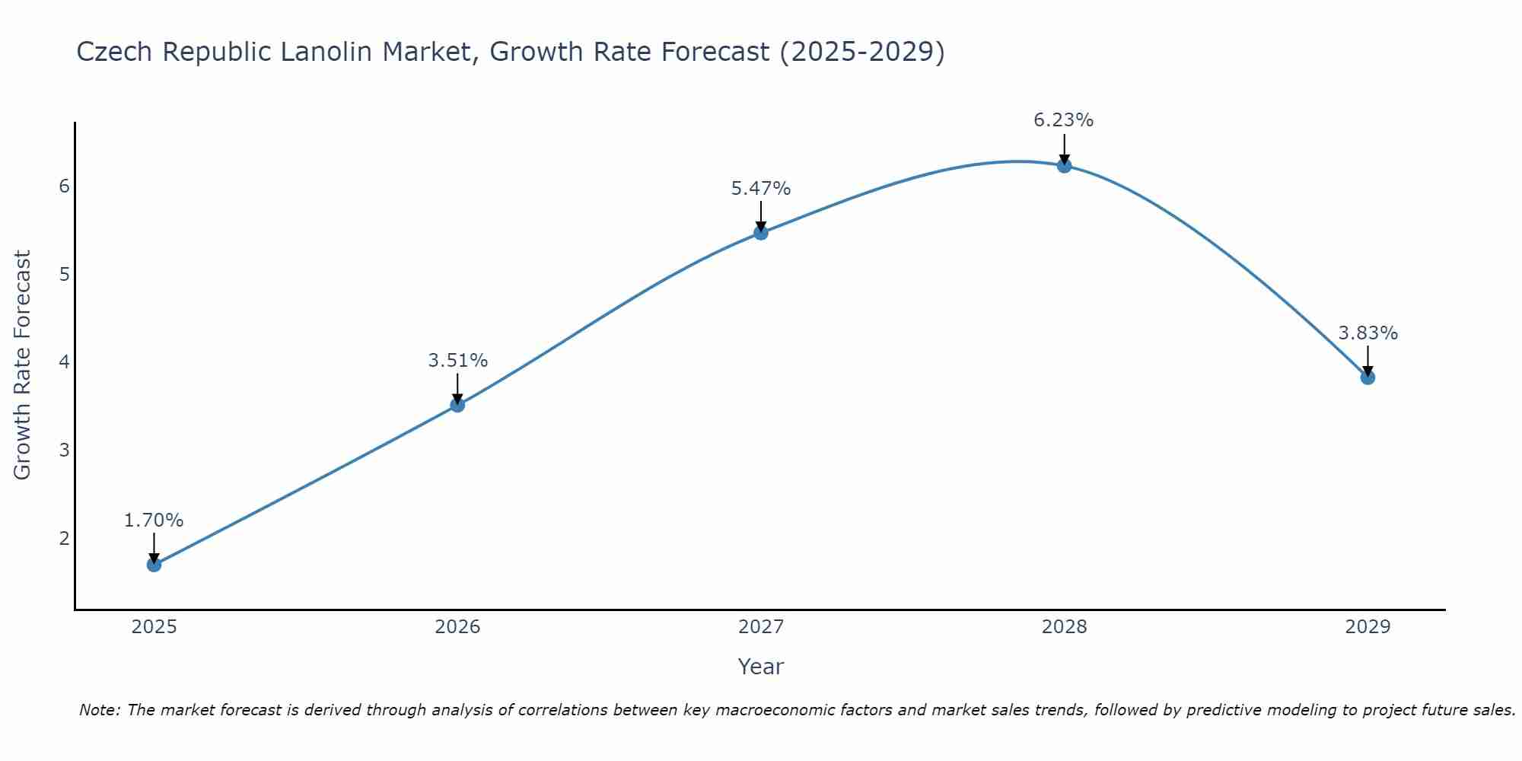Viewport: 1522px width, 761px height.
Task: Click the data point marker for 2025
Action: click(154, 565)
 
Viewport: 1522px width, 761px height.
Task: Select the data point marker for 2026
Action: click(457, 405)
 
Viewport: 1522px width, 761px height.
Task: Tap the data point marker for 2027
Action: click(761, 233)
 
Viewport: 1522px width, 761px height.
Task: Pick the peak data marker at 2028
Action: click(1064, 166)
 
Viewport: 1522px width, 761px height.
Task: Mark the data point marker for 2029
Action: click(1368, 377)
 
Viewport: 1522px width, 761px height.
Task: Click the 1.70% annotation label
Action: click(154, 521)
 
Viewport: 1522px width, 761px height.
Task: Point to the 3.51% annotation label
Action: click(457, 361)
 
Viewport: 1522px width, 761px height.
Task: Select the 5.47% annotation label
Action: click(761, 189)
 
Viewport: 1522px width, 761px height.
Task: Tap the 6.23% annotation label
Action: click(1064, 120)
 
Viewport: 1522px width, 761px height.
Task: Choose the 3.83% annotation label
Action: click(1368, 333)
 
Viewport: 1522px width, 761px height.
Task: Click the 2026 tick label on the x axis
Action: click(457, 627)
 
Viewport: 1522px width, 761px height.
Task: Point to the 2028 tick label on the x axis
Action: click(1064, 627)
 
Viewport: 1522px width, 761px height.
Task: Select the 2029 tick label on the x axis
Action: click(1368, 627)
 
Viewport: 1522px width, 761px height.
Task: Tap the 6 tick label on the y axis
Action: click(64, 186)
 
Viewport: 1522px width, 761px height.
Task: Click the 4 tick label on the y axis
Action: click(64, 361)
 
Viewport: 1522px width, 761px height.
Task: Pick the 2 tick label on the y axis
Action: click(64, 538)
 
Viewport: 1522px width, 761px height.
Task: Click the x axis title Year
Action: click(760, 667)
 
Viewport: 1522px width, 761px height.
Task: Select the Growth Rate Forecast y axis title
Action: click(23, 365)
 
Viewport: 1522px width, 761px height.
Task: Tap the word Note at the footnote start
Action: click(99, 710)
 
